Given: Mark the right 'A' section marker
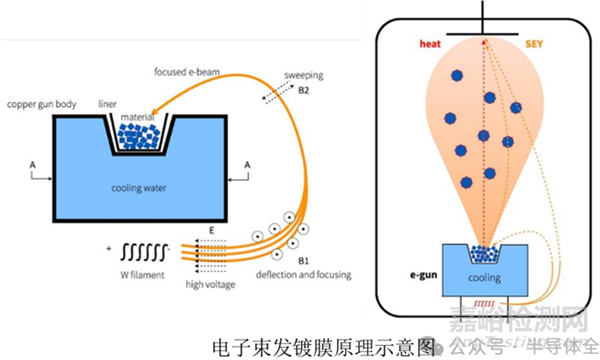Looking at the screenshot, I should coord(249,162).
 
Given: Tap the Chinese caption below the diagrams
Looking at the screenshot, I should coord(324,347).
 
